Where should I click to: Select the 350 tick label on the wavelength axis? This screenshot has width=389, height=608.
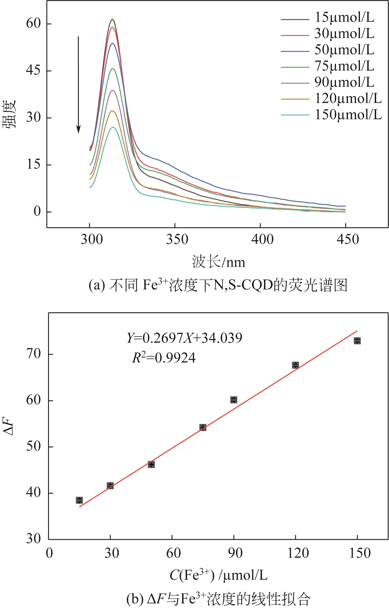[177, 239]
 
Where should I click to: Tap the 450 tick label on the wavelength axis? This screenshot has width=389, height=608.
[347, 239]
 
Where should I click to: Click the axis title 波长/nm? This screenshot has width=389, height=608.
[219, 262]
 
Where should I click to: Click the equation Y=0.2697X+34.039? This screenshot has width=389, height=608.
[184, 338]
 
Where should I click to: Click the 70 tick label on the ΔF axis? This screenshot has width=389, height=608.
[33, 354]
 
